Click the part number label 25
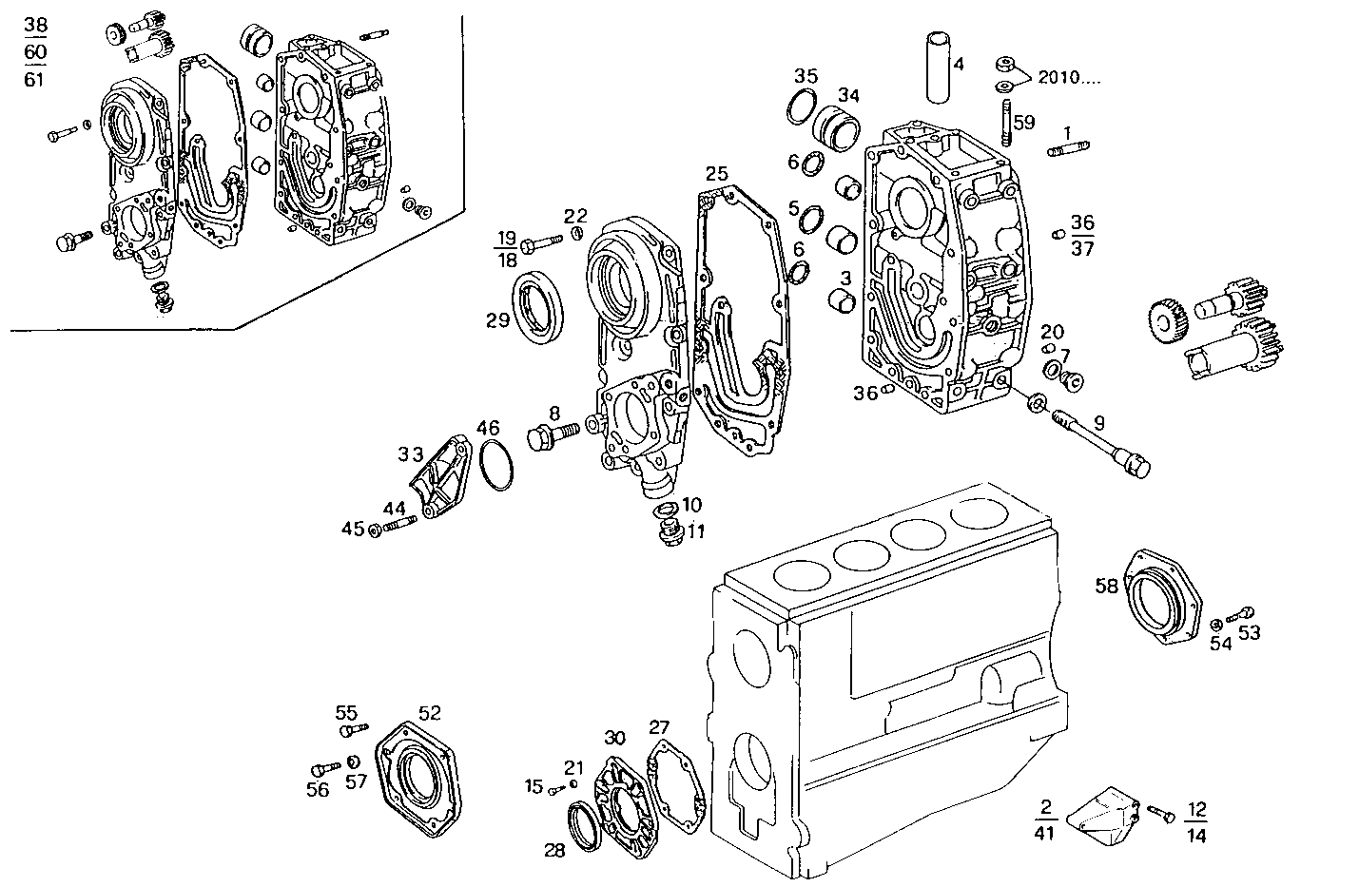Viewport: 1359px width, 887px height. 716,174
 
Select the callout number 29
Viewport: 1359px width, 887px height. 498,320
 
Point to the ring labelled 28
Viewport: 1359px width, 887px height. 584,820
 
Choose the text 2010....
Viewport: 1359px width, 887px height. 1069,77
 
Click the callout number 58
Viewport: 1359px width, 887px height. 1106,587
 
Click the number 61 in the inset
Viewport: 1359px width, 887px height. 34,79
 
